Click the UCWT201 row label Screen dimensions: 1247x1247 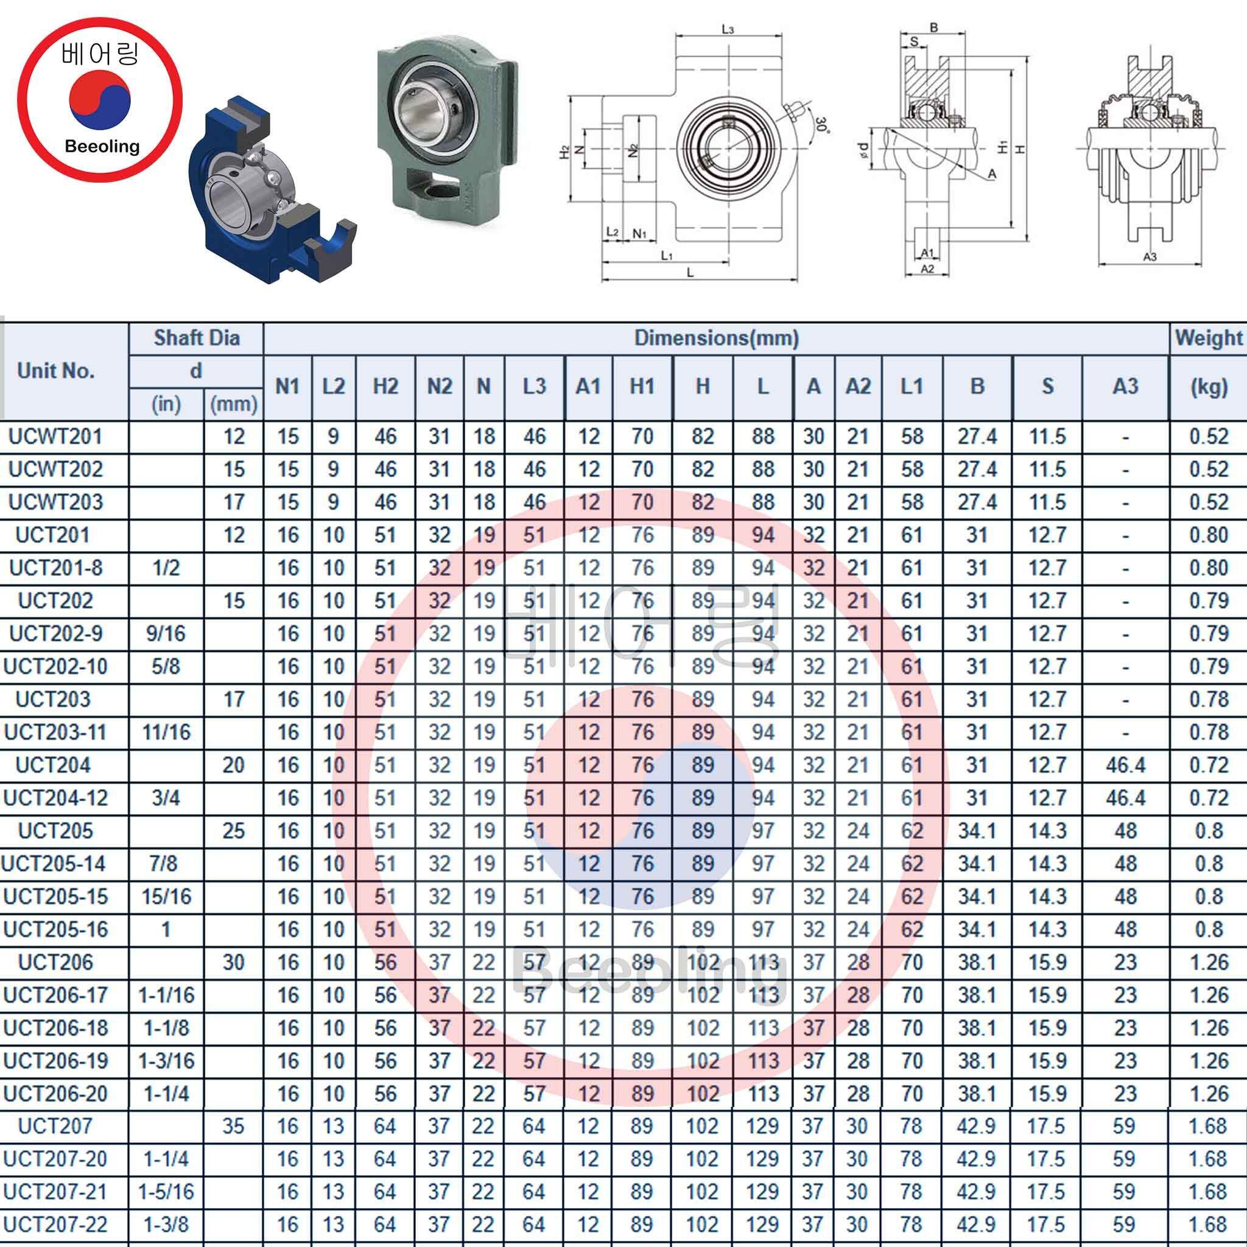(x=55, y=437)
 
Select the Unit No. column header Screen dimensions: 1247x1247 (x=56, y=370)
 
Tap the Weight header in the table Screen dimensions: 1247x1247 (x=1208, y=337)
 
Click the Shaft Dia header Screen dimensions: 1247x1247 (x=196, y=337)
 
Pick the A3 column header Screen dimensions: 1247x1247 (x=1125, y=386)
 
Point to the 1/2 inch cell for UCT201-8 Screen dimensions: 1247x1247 (x=166, y=568)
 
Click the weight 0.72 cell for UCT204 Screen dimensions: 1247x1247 (x=1208, y=765)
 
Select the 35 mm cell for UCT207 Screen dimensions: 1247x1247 (x=233, y=1126)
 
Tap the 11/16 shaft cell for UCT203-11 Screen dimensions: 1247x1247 (x=166, y=732)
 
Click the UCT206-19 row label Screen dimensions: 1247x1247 (x=55, y=1061)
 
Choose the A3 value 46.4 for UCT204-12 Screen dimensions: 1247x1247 (x=1125, y=798)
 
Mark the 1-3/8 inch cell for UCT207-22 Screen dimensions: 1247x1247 (x=166, y=1224)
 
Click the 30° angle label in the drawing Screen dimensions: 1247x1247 (x=821, y=125)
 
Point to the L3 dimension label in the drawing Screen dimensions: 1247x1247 (x=728, y=29)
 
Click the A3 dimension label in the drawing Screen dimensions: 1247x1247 (x=1150, y=257)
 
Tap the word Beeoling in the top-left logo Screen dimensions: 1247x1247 (x=102, y=146)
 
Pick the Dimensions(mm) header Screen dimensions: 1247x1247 (x=717, y=337)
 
